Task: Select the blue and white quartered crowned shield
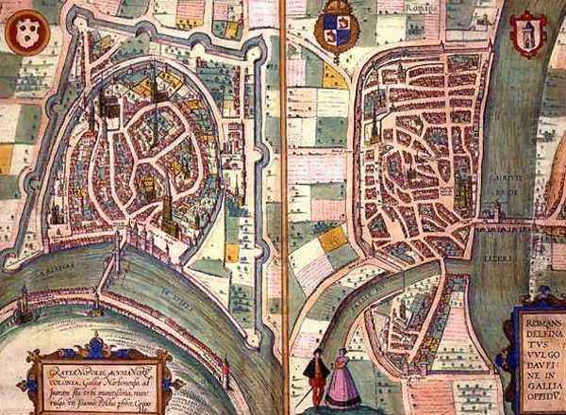click(335, 26)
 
